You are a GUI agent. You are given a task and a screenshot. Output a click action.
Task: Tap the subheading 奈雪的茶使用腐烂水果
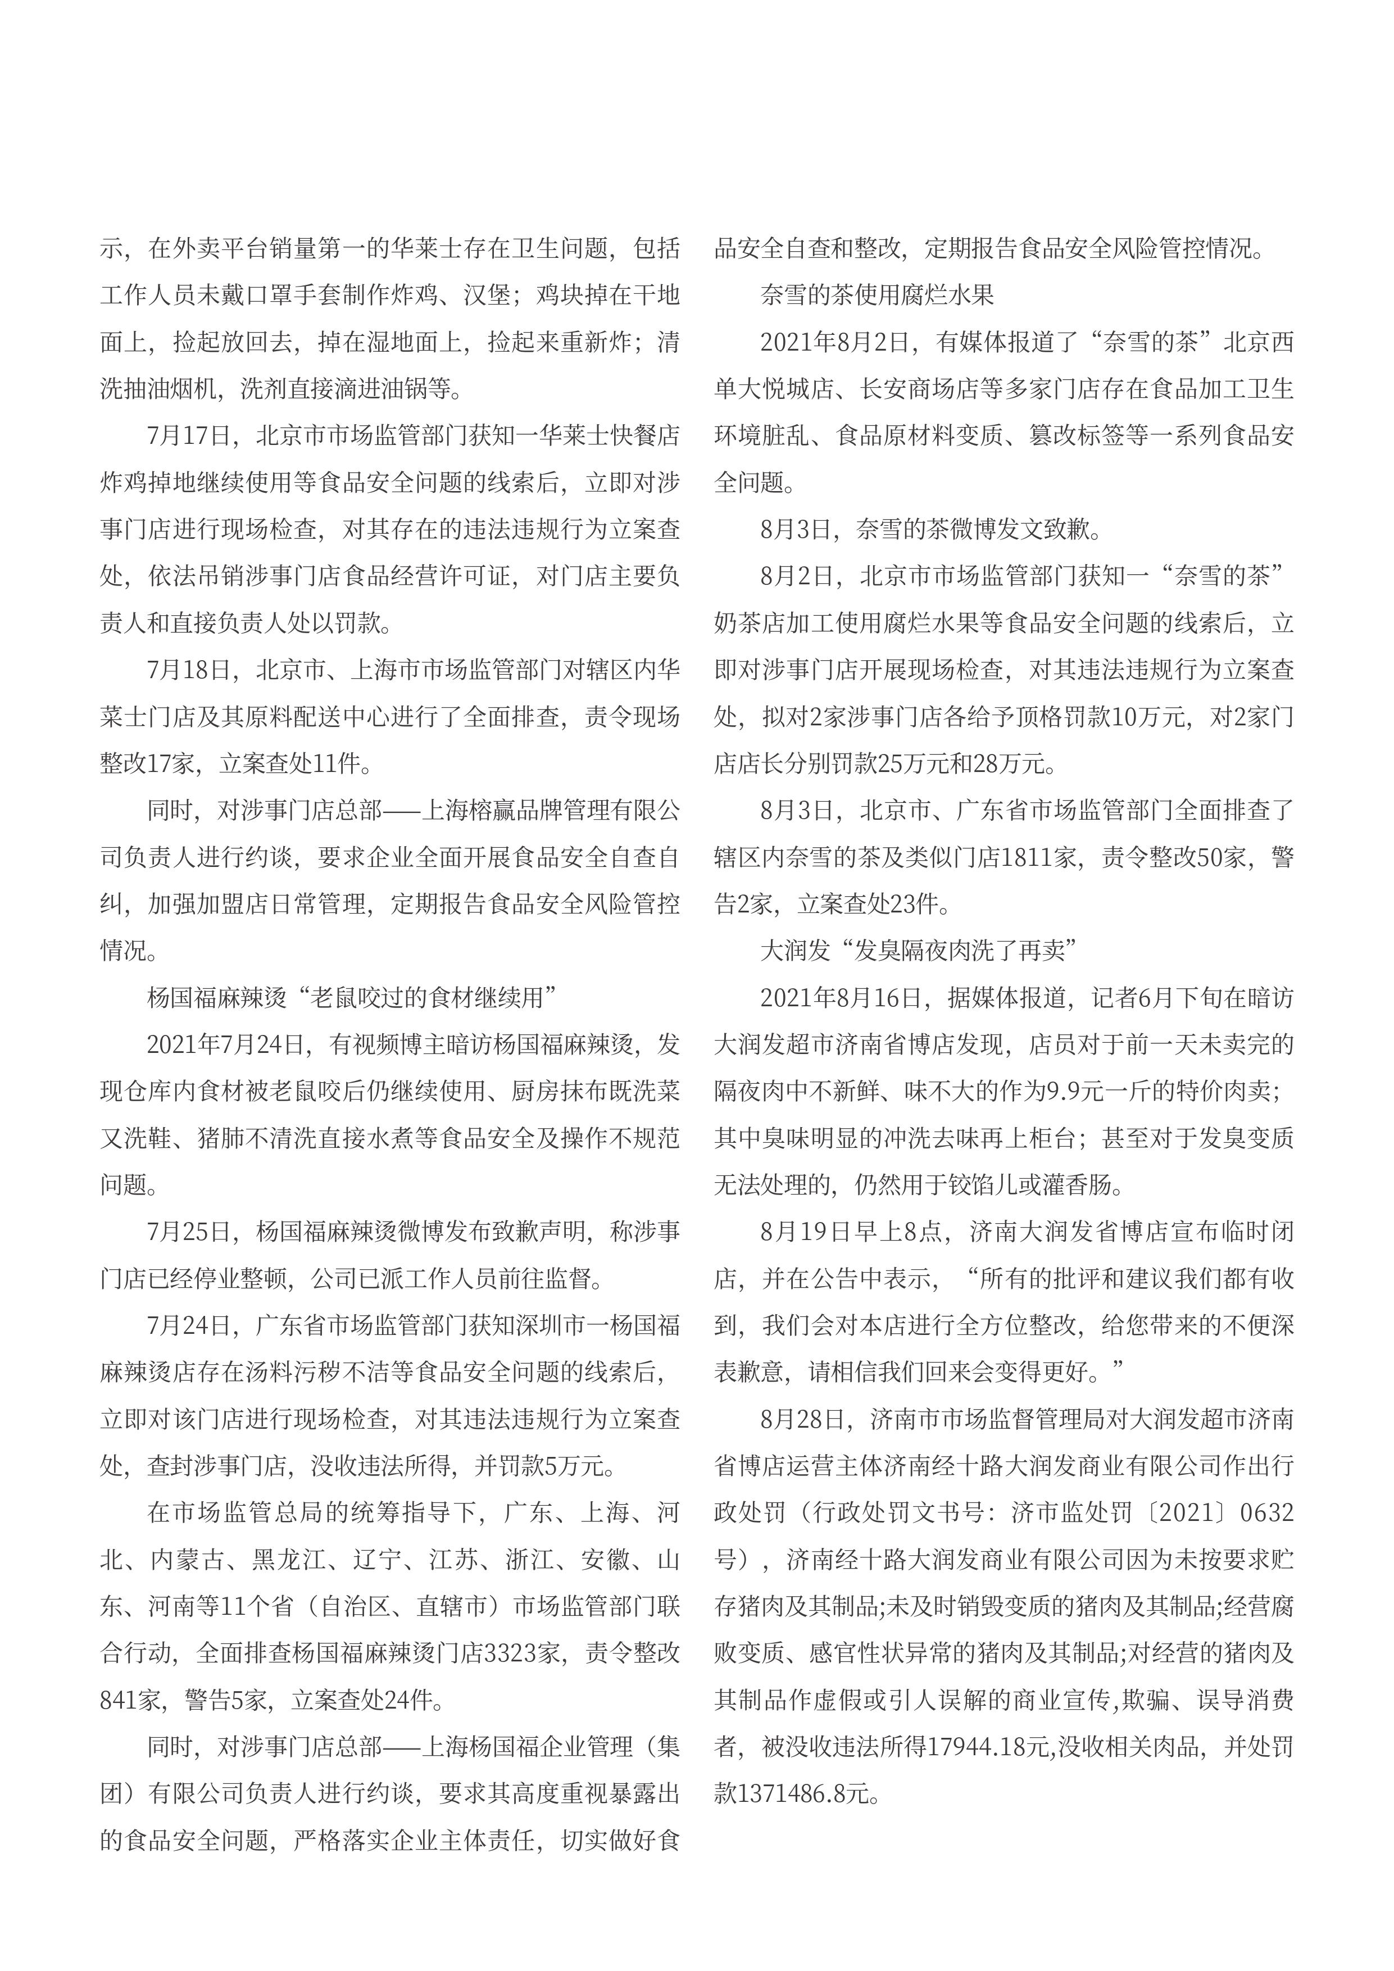click(x=877, y=296)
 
